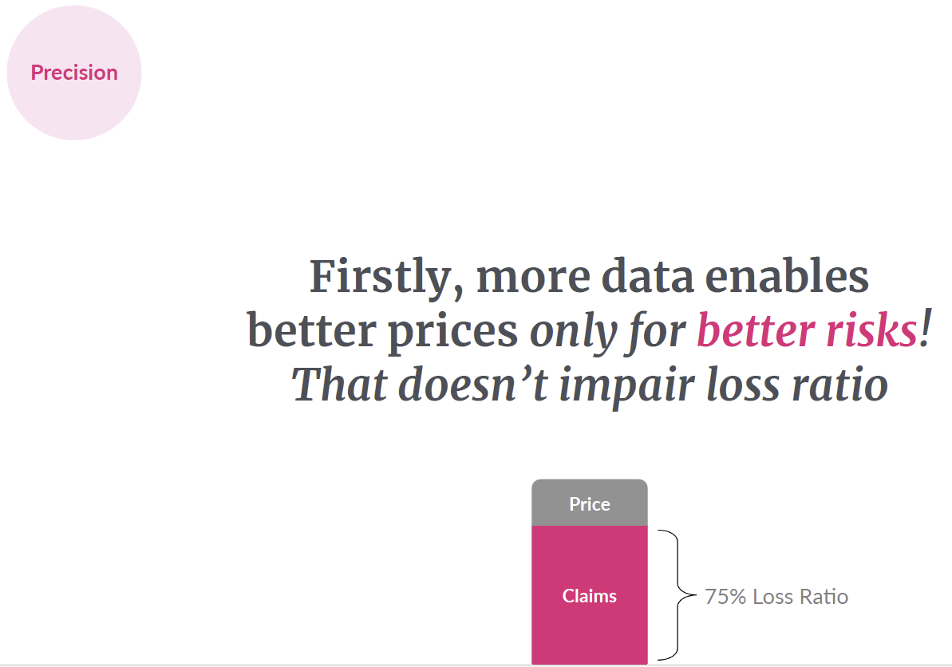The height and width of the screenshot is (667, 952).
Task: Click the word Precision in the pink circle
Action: coord(74,73)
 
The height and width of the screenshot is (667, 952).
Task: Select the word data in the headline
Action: coord(647,277)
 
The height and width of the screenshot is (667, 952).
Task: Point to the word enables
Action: coord(787,276)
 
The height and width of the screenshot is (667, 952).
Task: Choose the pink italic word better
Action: coord(755,331)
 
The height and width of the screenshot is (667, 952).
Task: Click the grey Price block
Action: coord(590,503)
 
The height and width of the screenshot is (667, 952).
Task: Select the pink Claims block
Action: coord(590,595)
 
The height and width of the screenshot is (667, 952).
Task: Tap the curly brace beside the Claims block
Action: coord(677,594)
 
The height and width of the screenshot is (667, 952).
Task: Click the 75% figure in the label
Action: coord(725,597)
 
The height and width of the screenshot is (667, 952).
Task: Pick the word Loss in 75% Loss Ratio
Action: coord(773,597)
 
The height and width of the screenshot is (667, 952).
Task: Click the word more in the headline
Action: coord(533,277)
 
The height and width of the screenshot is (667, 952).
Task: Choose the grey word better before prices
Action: coord(312,331)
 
